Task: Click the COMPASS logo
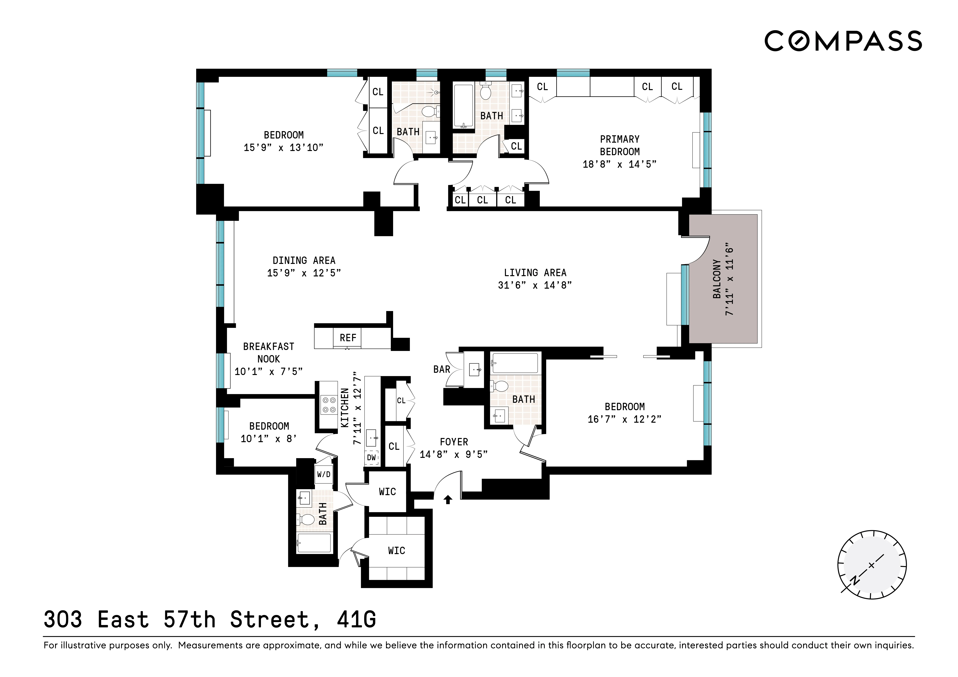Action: [x=843, y=41]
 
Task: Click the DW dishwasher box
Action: [x=371, y=458]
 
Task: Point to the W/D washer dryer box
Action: [x=324, y=474]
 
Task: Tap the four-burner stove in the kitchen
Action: [x=328, y=405]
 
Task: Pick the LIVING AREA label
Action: [x=535, y=273]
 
